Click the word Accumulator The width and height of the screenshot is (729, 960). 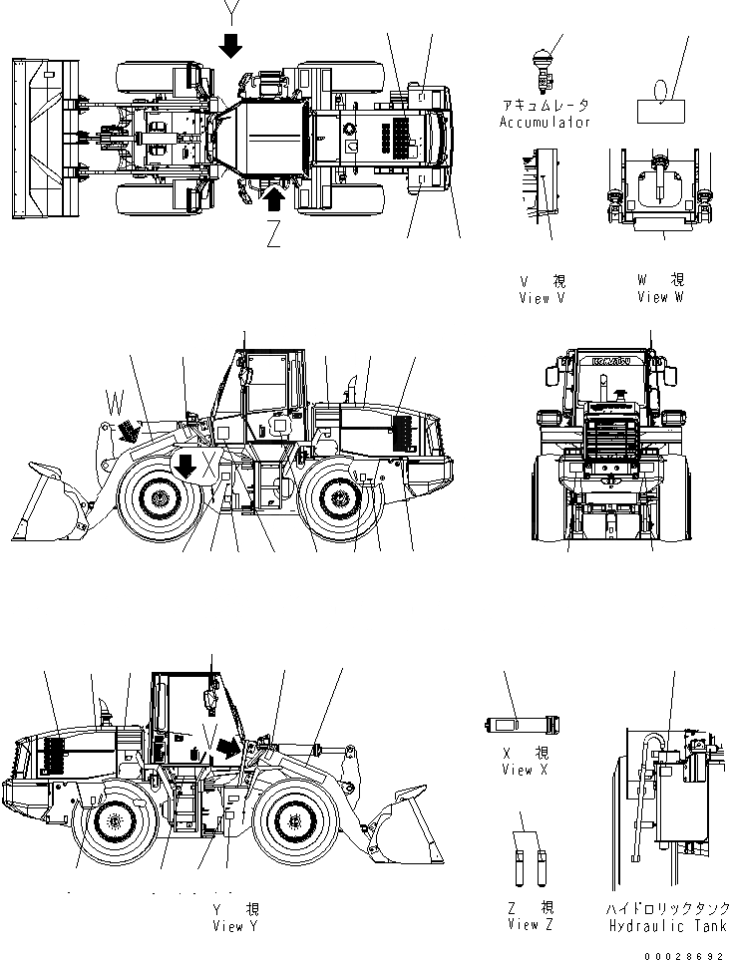pyautogui.click(x=545, y=123)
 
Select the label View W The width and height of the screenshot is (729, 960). pyautogui.click(x=659, y=297)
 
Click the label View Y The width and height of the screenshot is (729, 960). pyautogui.click(x=235, y=926)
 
